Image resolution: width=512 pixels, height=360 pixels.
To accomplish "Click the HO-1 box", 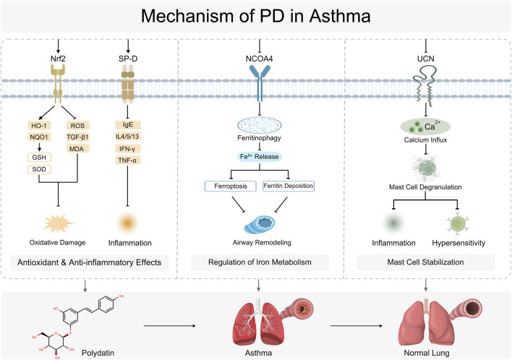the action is tap(39, 126).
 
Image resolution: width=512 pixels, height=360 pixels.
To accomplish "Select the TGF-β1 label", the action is tap(77, 137).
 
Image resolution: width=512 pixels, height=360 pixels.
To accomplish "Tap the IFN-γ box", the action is tap(128, 149).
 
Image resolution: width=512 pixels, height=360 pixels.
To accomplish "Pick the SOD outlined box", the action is tap(39, 169).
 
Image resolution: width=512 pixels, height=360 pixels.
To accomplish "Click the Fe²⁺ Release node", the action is tap(260, 157).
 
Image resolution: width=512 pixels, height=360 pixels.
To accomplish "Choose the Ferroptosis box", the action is tap(231, 186).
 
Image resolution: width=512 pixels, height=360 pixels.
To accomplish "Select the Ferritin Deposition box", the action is tap(289, 186).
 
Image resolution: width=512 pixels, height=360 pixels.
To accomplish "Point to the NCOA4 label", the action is tap(260, 59).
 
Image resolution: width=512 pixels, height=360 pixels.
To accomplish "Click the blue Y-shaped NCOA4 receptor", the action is tap(260, 83).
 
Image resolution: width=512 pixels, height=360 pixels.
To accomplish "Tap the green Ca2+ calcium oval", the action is tap(425, 127).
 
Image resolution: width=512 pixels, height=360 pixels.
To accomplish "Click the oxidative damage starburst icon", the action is tap(58, 223).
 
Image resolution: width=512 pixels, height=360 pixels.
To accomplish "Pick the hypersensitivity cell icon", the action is tap(458, 223).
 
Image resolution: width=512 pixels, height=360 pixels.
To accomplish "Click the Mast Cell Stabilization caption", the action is tap(425, 262).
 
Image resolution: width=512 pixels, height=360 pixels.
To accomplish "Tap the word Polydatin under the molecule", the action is tap(98, 353).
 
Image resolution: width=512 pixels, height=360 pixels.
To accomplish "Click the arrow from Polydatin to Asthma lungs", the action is tap(169, 326).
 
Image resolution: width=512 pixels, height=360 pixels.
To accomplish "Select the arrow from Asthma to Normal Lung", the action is tap(357, 326).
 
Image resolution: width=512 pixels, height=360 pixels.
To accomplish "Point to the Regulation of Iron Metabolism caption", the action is tap(260, 262).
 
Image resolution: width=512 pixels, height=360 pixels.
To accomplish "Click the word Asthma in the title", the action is tap(340, 16).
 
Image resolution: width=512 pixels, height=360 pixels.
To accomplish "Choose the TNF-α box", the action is tap(128, 160).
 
